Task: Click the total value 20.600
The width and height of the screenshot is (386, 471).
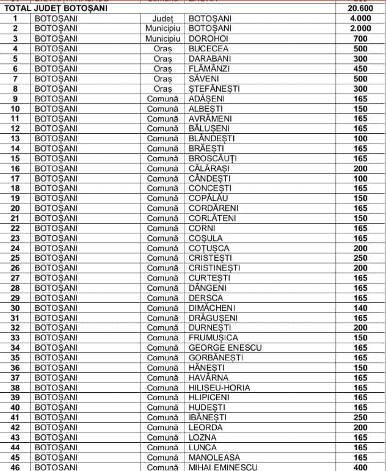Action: tap(360, 9)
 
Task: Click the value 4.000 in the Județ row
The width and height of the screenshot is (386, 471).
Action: tap(360, 19)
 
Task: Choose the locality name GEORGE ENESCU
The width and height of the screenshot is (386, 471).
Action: tap(225, 348)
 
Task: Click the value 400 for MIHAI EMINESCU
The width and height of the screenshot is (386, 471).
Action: tap(360, 467)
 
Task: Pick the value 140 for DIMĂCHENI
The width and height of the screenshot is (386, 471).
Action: tap(360, 308)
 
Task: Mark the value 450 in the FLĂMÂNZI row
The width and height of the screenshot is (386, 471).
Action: tap(360, 68)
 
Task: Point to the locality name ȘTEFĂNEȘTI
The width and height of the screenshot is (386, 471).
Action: tap(214, 89)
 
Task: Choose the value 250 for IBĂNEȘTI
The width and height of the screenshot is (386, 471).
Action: tap(360, 417)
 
